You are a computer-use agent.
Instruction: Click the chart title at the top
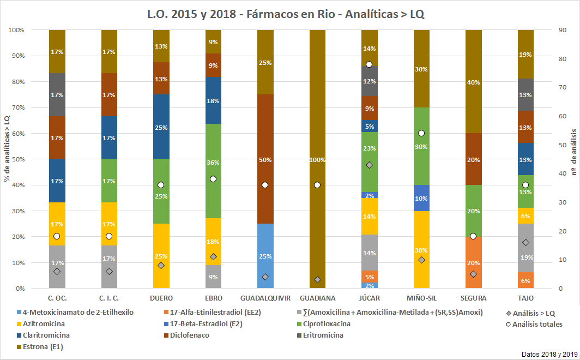(x=289, y=14)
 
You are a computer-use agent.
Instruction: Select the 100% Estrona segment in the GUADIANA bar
(x=318, y=109)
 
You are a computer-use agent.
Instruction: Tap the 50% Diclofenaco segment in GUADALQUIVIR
(x=265, y=159)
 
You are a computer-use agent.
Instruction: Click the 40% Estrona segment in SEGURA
(x=474, y=82)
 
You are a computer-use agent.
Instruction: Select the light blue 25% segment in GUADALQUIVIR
(x=265, y=256)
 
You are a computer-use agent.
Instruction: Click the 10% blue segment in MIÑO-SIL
(x=421, y=198)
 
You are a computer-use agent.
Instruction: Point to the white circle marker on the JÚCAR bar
(x=370, y=64)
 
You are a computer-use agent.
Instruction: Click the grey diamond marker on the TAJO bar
(x=525, y=243)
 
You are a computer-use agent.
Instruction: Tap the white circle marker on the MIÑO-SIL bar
(x=421, y=133)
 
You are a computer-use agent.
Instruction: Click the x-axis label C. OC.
(x=57, y=298)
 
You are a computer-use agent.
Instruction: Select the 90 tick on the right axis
(x=561, y=30)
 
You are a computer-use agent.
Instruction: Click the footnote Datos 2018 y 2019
(x=547, y=354)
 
